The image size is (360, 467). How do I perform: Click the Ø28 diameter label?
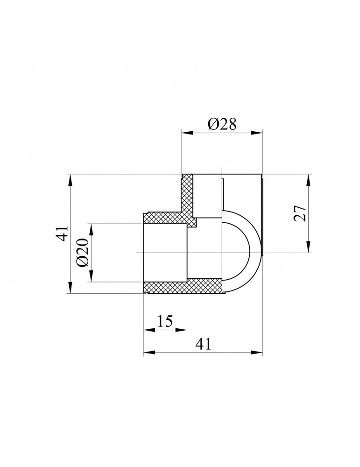click(x=222, y=124)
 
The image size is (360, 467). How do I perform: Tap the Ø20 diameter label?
click(x=82, y=253)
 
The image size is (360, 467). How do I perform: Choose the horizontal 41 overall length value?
click(x=202, y=344)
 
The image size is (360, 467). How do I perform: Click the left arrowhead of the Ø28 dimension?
click(x=185, y=133)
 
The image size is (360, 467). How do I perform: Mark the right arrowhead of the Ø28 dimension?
click(x=259, y=133)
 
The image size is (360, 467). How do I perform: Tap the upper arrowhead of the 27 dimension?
click(x=309, y=178)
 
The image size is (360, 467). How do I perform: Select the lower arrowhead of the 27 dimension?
click(x=309, y=249)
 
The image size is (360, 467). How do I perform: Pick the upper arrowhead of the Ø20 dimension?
click(x=92, y=227)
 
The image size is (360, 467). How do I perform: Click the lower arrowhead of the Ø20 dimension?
click(x=92, y=278)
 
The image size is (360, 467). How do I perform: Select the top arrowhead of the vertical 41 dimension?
click(x=70, y=178)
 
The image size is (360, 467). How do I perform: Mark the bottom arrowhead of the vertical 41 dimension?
click(x=70, y=290)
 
